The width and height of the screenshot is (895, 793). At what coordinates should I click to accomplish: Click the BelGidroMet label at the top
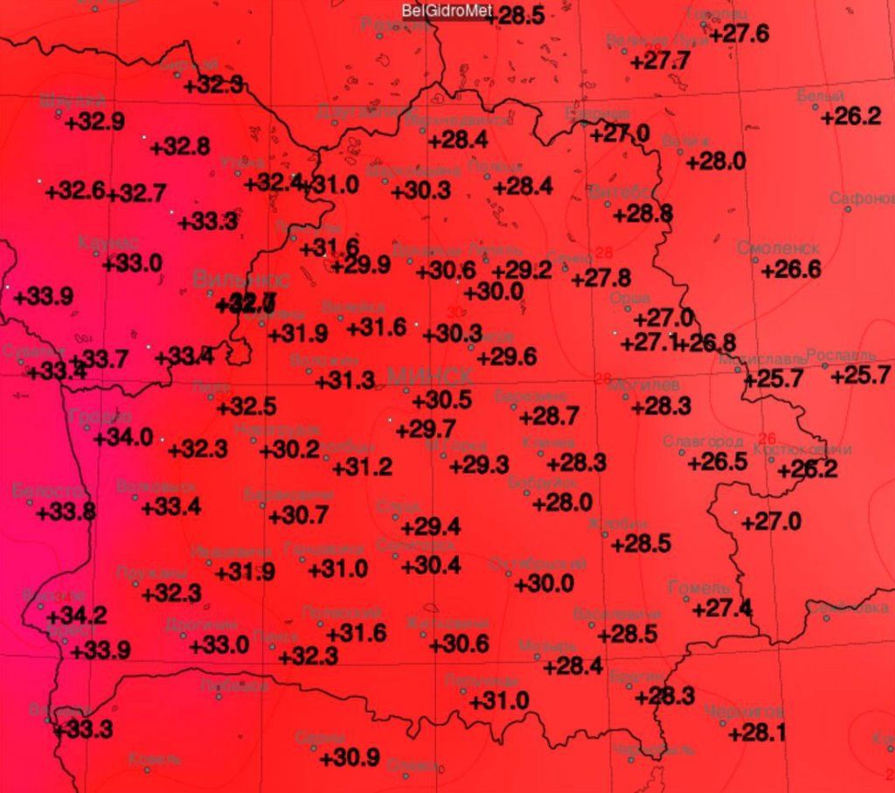(446, 11)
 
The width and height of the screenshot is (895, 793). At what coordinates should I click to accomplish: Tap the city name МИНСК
(429, 377)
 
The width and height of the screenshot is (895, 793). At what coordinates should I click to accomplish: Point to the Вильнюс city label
(241, 280)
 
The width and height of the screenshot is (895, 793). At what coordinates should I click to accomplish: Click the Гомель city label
(698, 587)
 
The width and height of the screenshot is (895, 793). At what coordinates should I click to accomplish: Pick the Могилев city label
(649, 385)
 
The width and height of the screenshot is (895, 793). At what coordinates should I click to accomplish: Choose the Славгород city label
(704, 441)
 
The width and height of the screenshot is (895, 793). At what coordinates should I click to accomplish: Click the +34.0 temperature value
(123, 437)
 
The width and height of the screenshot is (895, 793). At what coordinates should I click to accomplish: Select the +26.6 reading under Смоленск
(791, 270)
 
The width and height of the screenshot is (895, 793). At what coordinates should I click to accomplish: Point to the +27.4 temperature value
(722, 609)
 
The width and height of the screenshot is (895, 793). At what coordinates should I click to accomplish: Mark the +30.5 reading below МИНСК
(441, 400)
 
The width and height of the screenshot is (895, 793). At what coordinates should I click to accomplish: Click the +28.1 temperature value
(756, 733)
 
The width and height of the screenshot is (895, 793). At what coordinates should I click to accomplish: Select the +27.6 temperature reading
(739, 34)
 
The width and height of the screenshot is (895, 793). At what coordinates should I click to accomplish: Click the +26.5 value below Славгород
(718, 462)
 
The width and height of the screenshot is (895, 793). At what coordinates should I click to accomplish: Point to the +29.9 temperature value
(360, 266)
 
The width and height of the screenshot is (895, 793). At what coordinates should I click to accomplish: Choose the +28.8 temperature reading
(642, 213)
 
